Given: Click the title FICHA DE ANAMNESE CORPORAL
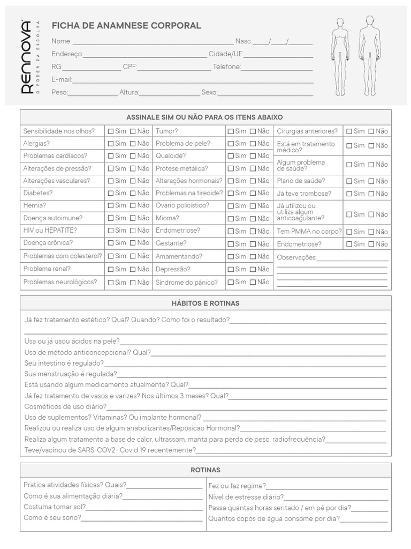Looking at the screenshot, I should coord(126,26).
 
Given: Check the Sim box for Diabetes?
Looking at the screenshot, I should coord(111,193).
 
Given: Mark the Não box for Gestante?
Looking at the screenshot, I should coord(253,244).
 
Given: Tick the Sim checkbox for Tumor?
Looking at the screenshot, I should coord(230,131).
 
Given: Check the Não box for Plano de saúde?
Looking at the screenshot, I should coord(371,181).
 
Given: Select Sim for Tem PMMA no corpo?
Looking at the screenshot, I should coord(349,232).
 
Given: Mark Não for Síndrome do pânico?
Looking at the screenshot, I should coord(253,282).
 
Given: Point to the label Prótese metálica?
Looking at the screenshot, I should coord(181,168).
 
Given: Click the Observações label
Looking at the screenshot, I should coord(296,257).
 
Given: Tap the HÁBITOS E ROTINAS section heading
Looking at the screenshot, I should coord(205,303).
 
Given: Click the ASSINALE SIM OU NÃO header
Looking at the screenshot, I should coord(205,117).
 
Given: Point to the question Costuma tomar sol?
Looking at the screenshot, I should coord(55,507).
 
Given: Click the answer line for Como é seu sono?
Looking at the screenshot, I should coord(142,518).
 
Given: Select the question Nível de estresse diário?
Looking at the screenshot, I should coord(246,497).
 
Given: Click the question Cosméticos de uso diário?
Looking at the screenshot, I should coord(65,407).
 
